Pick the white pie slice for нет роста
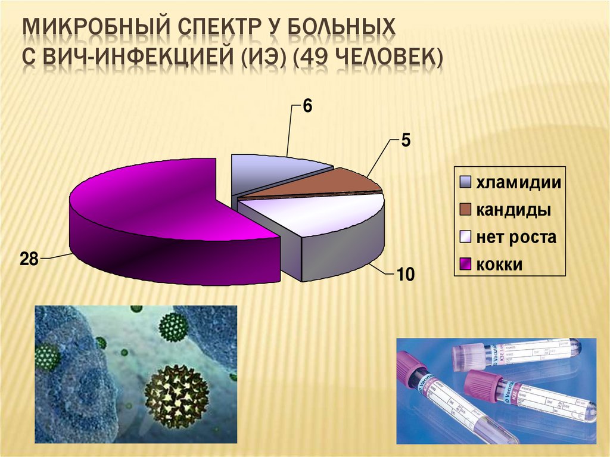click(316, 212)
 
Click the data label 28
click(29, 260)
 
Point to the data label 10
click(404, 275)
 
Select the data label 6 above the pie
click(307, 106)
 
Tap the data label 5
click(405, 141)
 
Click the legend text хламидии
click(518, 182)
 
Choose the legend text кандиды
click(512, 210)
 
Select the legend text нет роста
click(515, 237)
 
